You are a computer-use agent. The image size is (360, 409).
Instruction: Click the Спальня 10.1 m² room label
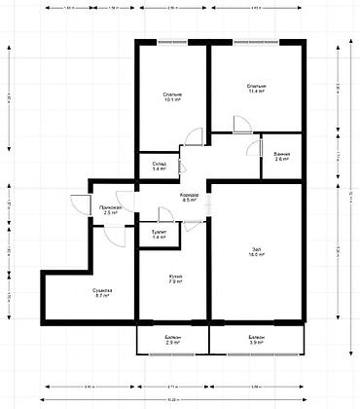pos(174,95)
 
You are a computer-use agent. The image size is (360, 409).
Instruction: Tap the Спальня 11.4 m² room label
pos(257,89)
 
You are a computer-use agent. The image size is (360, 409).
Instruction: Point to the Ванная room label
pos(281,157)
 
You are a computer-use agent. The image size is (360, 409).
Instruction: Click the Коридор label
pos(190,198)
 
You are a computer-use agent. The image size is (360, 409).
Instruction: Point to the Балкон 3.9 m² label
pos(257,341)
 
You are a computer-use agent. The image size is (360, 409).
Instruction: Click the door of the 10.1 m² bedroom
pos(198,138)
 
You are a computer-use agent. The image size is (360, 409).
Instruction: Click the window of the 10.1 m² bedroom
pos(172,42)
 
